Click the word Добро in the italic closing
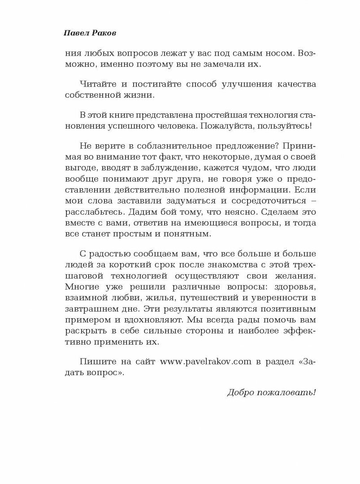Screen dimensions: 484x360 pos(240,393)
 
